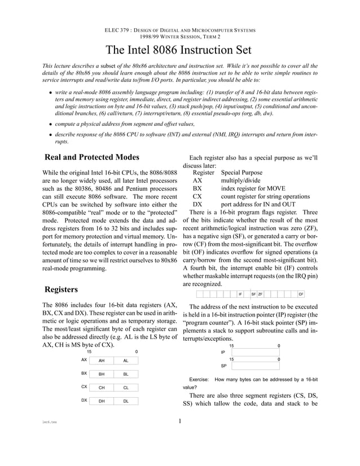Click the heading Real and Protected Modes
[x=91, y=157]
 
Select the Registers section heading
[x=61, y=289]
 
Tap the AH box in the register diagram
[x=101, y=361]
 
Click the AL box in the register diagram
[x=126, y=361]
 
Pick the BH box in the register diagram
[x=101, y=374]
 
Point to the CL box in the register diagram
[x=126, y=388]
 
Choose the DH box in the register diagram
[x=101, y=401]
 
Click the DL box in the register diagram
[x=126, y=401]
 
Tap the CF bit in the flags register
[x=301, y=294]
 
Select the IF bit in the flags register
[x=240, y=294]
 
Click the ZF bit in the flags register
[x=261, y=294]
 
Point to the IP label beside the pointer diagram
[x=222, y=352]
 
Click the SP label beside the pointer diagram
[x=222, y=366]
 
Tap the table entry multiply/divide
[x=241, y=181]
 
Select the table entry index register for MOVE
[x=253, y=188]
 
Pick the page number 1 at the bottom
[x=179, y=420]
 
